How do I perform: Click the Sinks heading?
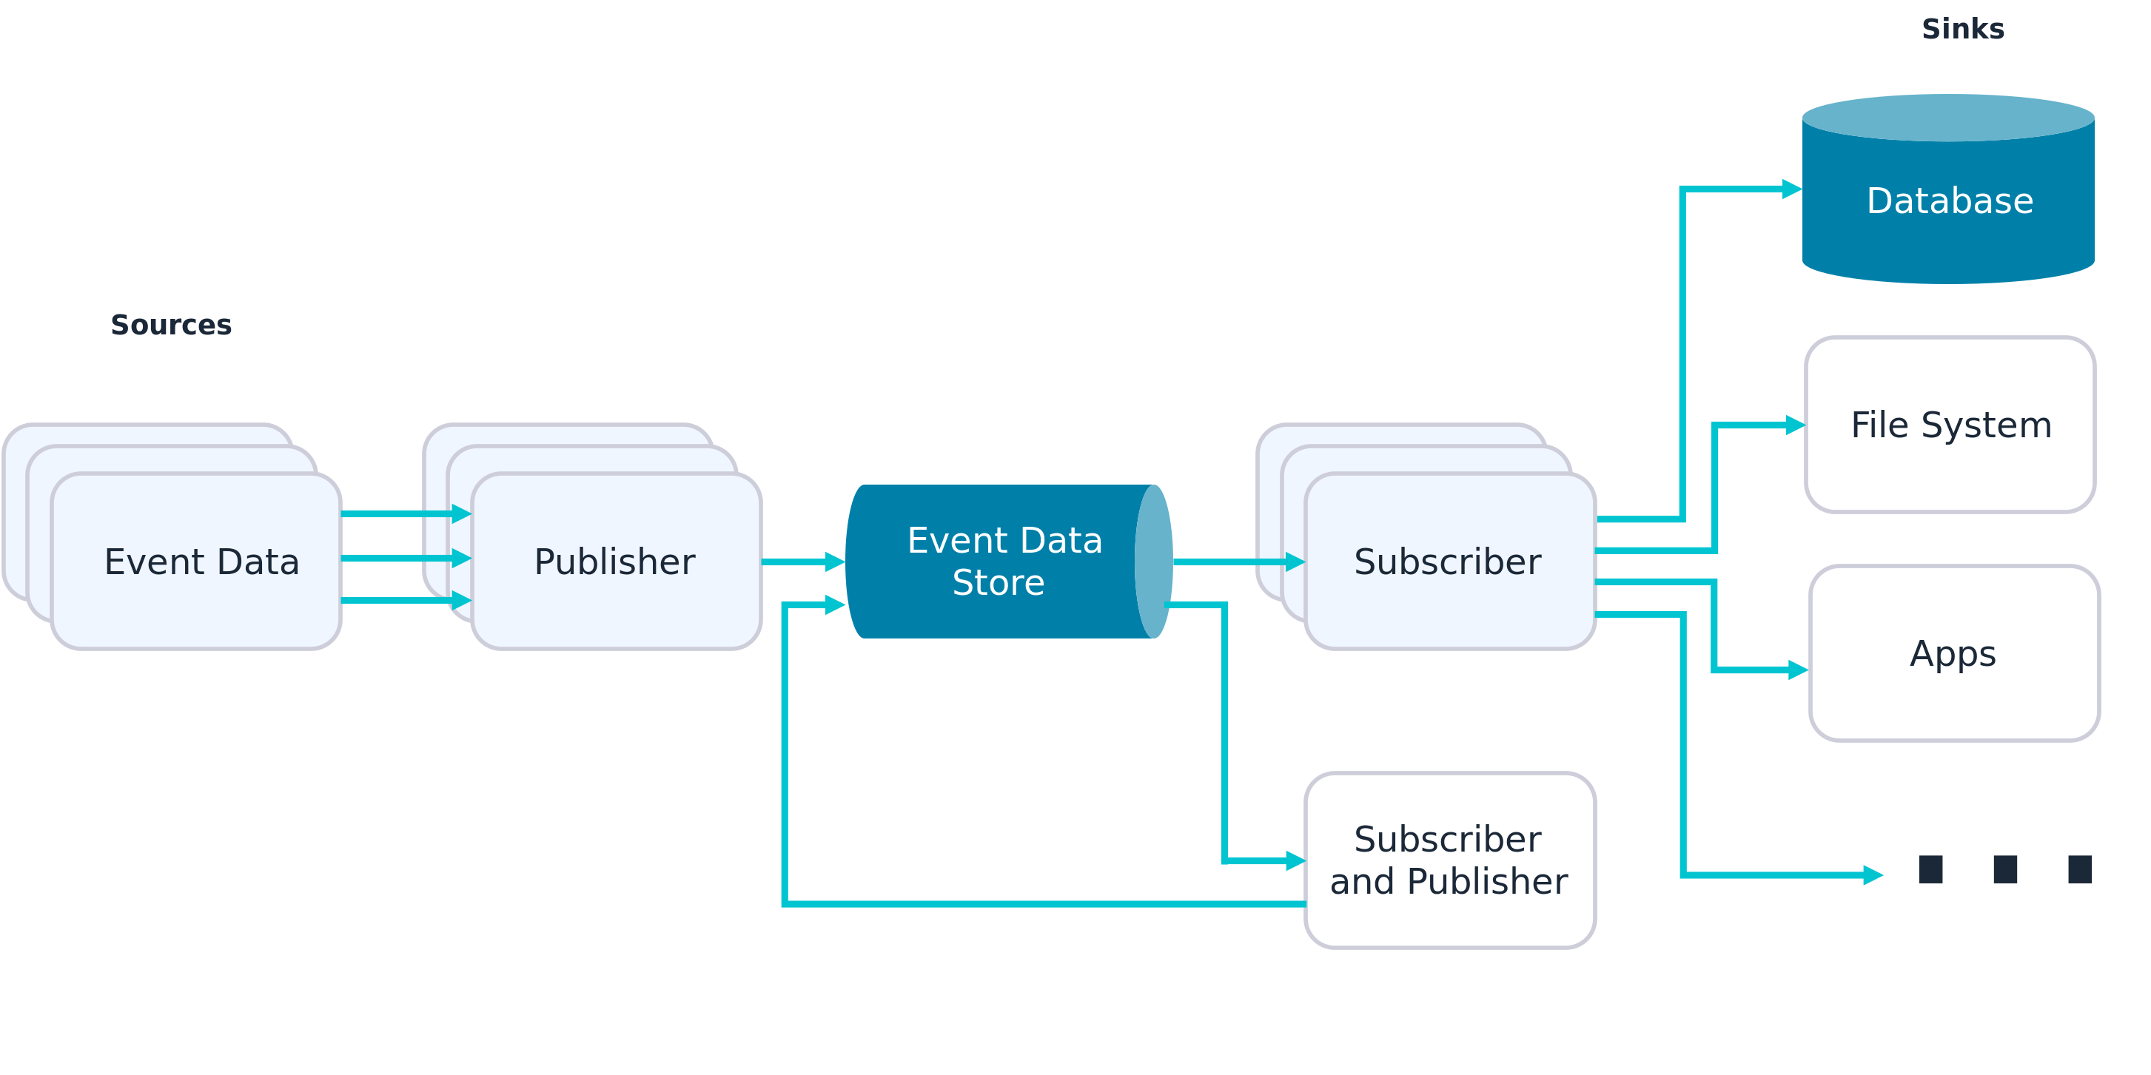(1962, 29)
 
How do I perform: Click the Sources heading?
(171, 325)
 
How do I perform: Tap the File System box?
(1950, 425)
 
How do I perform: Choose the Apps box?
(1954, 653)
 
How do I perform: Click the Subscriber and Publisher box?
(1449, 860)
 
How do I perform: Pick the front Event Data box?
(201, 562)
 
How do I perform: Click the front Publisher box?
(615, 562)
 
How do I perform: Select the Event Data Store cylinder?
(993, 562)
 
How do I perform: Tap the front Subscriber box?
(1449, 562)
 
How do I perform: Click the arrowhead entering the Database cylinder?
(1792, 189)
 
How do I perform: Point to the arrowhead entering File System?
(1794, 425)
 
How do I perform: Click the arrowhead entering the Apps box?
(1798, 670)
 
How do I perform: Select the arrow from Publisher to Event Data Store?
(802, 562)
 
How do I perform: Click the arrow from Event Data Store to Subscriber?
(1236, 562)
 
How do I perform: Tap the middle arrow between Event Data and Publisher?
(405, 558)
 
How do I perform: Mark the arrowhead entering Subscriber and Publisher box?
(1295, 860)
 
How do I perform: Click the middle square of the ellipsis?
(2005, 869)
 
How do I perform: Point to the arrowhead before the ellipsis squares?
(1873, 875)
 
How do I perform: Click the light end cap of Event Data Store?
(1154, 562)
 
